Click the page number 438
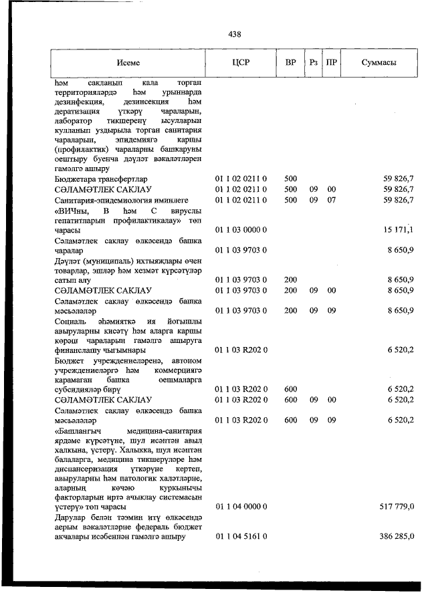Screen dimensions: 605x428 coord(233,34)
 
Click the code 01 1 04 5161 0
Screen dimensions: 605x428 coord(241,537)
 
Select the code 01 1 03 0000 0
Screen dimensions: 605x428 coord(241,230)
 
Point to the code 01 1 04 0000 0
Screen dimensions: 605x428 coord(241,507)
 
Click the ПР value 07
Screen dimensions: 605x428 coord(331,200)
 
